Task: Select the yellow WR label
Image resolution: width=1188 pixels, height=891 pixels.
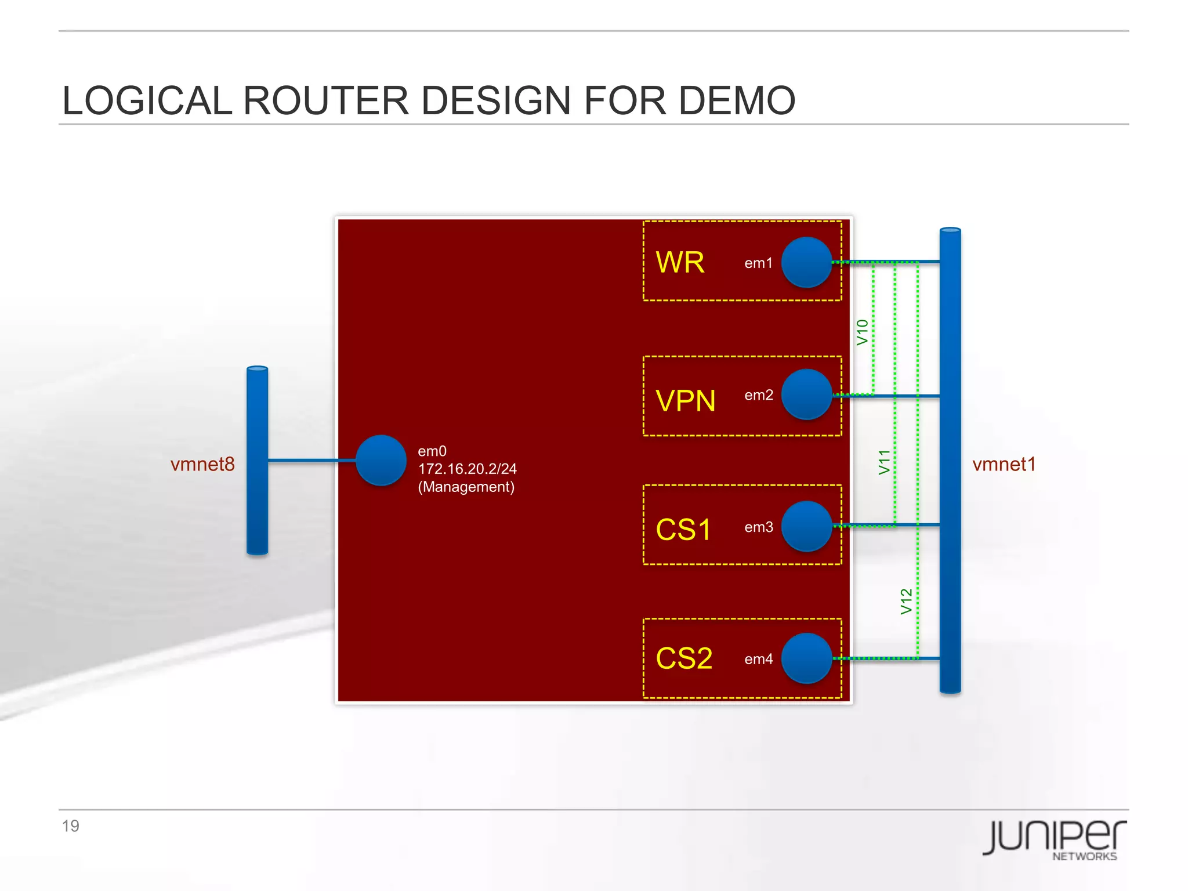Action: click(680, 262)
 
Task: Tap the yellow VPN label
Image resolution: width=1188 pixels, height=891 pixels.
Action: click(685, 401)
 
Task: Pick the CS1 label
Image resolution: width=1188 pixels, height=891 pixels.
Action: click(683, 530)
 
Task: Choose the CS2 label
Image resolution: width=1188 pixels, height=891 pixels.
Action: click(684, 658)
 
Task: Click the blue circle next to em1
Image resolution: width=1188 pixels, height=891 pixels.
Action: click(806, 262)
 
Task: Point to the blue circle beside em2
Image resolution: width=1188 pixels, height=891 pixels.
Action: click(806, 394)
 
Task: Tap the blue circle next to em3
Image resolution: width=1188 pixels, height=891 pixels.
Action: click(806, 526)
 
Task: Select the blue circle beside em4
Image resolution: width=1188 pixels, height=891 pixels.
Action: click(806, 658)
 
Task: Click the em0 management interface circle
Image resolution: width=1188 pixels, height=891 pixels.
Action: click(381, 461)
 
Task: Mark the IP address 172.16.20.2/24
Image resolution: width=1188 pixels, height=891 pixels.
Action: click(467, 469)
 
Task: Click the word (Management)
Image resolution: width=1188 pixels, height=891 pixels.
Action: click(466, 487)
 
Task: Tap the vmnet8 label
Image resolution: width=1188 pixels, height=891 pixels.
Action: click(202, 464)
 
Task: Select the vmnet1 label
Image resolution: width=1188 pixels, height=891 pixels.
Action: click(1004, 464)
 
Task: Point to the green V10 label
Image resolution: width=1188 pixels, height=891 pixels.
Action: click(862, 332)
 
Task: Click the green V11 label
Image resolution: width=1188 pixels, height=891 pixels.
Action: click(883, 462)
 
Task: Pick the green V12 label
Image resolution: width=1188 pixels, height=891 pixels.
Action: click(906, 602)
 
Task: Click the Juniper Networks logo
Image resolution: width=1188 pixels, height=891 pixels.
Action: click(1054, 839)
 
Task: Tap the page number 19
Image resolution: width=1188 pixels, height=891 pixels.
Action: click(70, 826)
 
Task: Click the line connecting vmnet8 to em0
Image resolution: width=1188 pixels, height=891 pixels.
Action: click(312, 461)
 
